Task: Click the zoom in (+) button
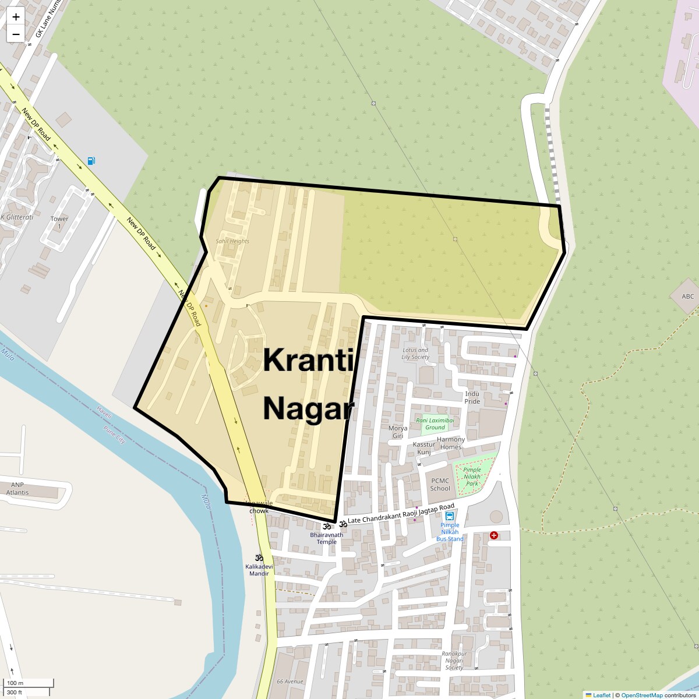pyautogui.click(x=16, y=17)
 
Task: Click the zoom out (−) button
pyautogui.click(x=16, y=34)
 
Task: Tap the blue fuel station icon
pyautogui.click(x=91, y=161)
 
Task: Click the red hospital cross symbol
pyautogui.click(x=494, y=535)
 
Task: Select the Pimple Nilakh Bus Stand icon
pyautogui.click(x=450, y=517)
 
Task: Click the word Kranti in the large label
pyautogui.click(x=309, y=360)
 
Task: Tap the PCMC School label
pyautogui.click(x=440, y=485)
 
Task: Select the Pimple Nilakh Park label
pyautogui.click(x=472, y=476)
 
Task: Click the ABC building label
pyautogui.click(x=688, y=296)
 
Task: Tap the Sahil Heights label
pyautogui.click(x=232, y=241)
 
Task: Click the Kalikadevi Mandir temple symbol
pyautogui.click(x=259, y=557)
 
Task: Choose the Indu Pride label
pyautogui.click(x=472, y=398)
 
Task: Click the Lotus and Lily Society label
pyautogui.click(x=415, y=354)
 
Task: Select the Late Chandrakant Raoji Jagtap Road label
pyautogui.click(x=401, y=513)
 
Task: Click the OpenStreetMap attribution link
pyautogui.click(x=642, y=695)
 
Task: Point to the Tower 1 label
pyautogui.click(x=59, y=222)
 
